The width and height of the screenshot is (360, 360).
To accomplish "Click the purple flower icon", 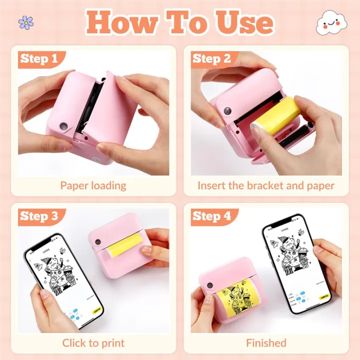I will (x=25, y=22).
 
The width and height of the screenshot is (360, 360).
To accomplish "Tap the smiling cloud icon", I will (x=331, y=22).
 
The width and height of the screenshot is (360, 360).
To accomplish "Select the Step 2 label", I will (x=211, y=59).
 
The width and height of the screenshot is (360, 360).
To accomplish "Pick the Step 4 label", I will (x=211, y=216).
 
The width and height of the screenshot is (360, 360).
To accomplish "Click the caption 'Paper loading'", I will (x=93, y=185).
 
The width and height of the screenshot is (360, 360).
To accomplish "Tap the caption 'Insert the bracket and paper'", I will (x=265, y=185).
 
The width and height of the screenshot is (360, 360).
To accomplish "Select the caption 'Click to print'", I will (x=93, y=343).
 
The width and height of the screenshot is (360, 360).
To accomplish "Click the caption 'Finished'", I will (x=266, y=343).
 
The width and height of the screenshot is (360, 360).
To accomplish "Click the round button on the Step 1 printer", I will (x=63, y=125).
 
